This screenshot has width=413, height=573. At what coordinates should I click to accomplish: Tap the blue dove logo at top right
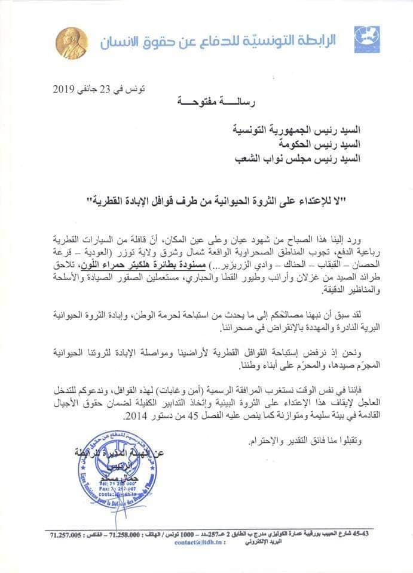click(x=367, y=38)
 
